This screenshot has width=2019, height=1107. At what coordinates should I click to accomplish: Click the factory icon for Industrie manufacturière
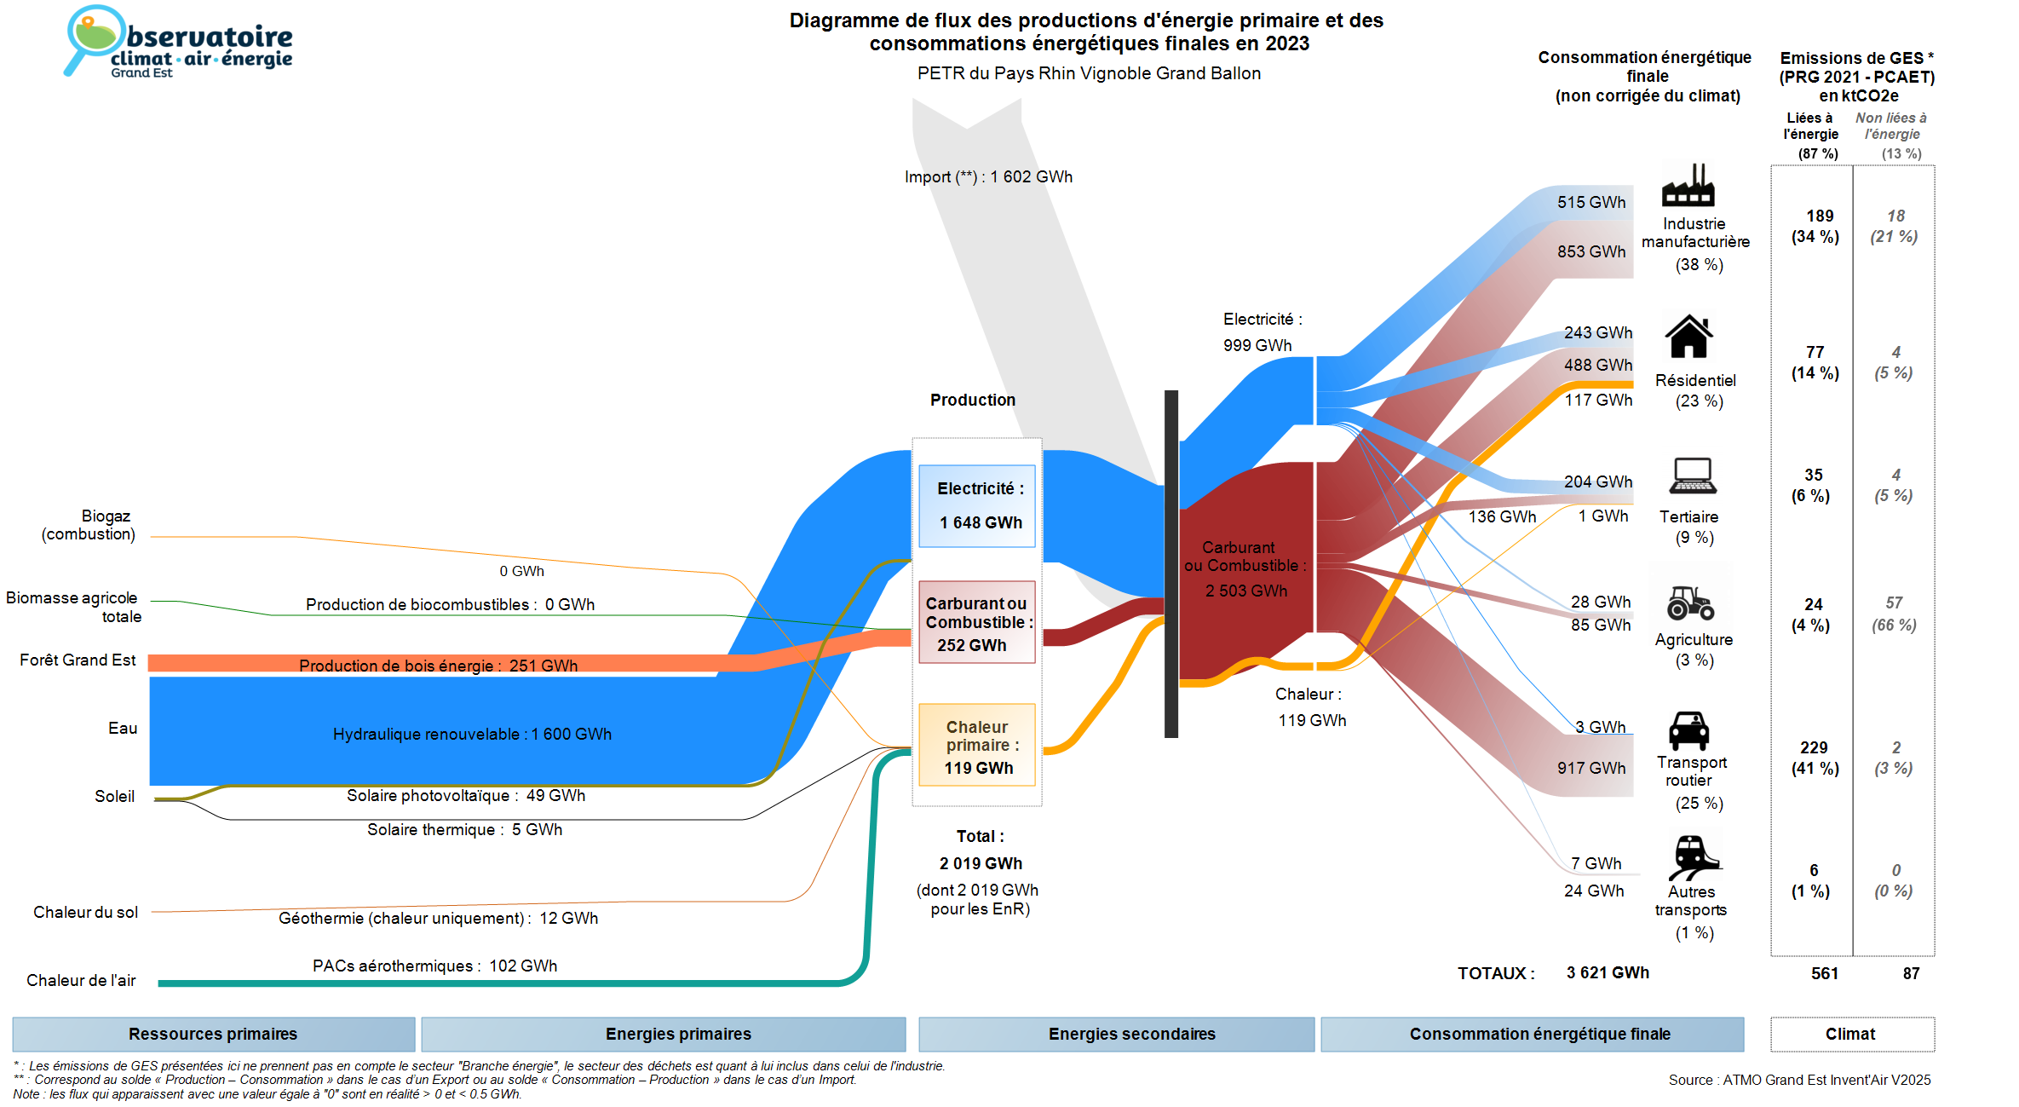(1688, 186)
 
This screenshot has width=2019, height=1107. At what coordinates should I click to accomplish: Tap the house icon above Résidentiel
(1688, 337)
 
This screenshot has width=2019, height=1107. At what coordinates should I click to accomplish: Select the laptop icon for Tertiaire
(1693, 476)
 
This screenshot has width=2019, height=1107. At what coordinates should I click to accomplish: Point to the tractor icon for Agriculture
(1690, 603)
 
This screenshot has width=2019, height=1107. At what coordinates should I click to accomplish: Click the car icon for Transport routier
(1688, 730)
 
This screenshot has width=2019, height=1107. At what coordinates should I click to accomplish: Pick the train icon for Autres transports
(1694, 856)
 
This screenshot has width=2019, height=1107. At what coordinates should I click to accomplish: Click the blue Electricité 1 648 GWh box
(977, 505)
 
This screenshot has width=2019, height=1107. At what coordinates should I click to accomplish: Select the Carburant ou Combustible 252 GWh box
(977, 622)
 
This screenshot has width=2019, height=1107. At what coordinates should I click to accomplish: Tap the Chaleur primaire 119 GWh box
(977, 745)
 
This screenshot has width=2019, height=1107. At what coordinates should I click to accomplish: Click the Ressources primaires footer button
(213, 1034)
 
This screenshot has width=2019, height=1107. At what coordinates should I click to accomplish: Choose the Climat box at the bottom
(1851, 1034)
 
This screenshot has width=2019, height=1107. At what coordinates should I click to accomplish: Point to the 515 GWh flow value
(1590, 203)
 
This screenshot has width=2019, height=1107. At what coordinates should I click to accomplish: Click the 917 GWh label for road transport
(1590, 768)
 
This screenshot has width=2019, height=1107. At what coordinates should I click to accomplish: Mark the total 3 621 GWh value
(1607, 973)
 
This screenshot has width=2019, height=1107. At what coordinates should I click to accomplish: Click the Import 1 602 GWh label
(988, 177)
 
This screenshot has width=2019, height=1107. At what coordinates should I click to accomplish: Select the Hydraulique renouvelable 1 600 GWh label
(472, 734)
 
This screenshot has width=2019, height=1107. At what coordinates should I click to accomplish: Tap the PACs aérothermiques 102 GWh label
(434, 966)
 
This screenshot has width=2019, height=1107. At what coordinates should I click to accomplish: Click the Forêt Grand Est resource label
(78, 660)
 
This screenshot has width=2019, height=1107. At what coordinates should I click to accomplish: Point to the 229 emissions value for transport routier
(1814, 747)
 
